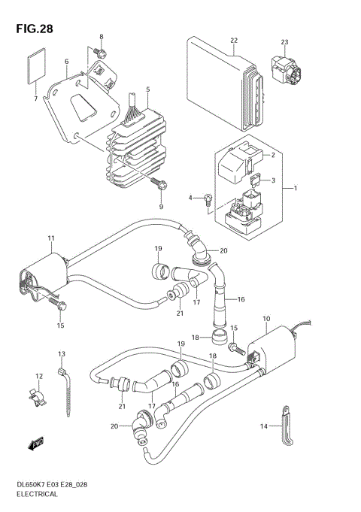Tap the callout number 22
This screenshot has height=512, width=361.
click(x=234, y=40)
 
